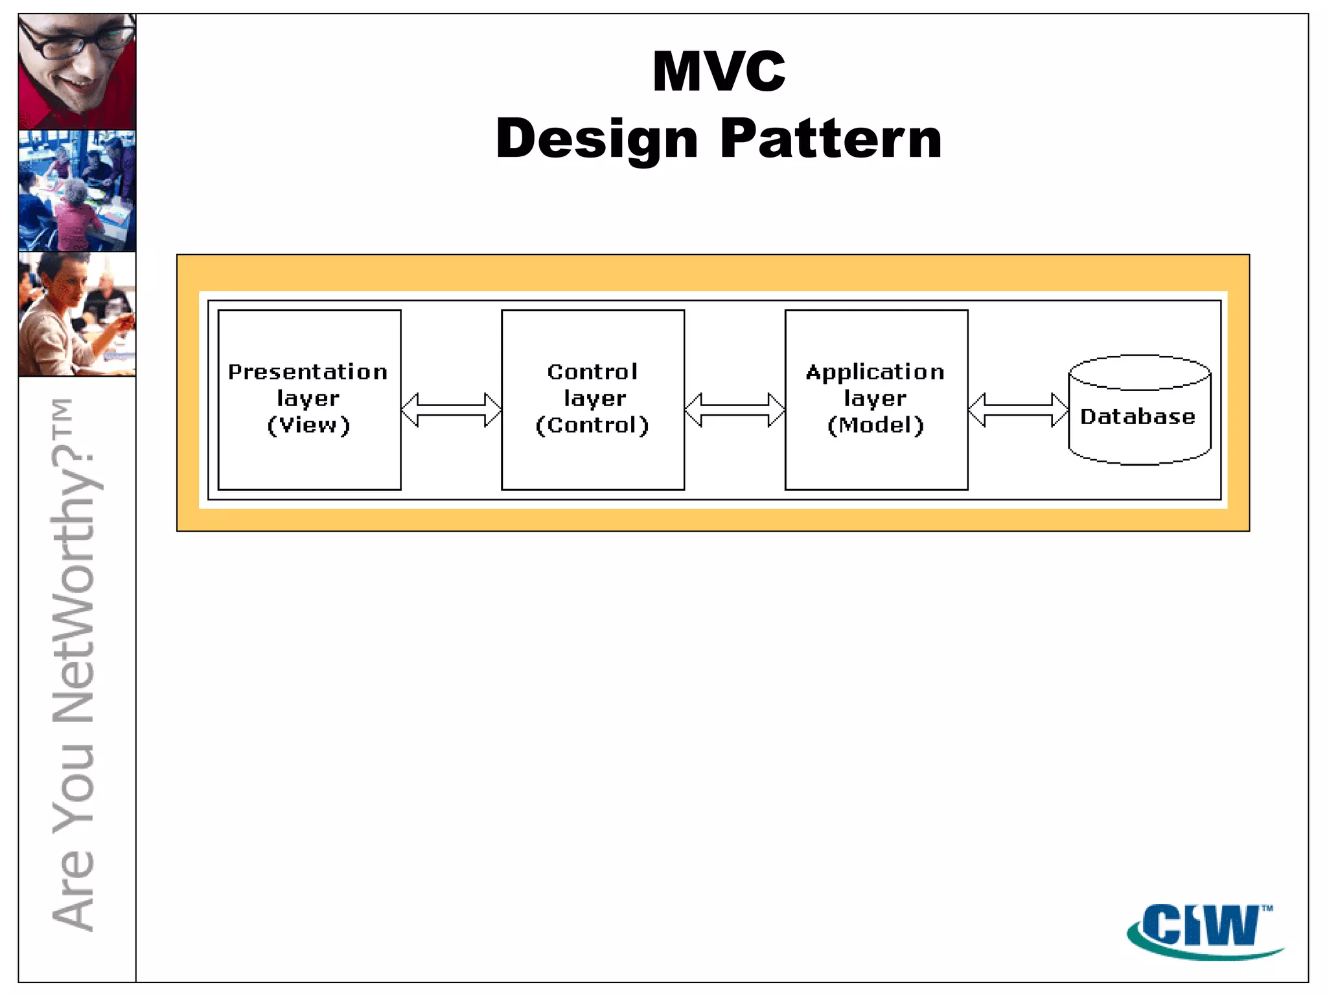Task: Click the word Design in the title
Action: click(597, 139)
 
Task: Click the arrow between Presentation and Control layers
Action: click(451, 410)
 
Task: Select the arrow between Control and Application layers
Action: click(735, 410)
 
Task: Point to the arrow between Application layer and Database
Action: click(1018, 410)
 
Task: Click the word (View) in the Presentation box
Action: click(308, 425)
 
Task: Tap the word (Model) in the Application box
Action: click(875, 425)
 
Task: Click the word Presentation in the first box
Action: click(308, 372)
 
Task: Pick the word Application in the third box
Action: click(875, 372)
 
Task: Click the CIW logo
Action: click(1204, 929)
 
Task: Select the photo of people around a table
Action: click(77, 191)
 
